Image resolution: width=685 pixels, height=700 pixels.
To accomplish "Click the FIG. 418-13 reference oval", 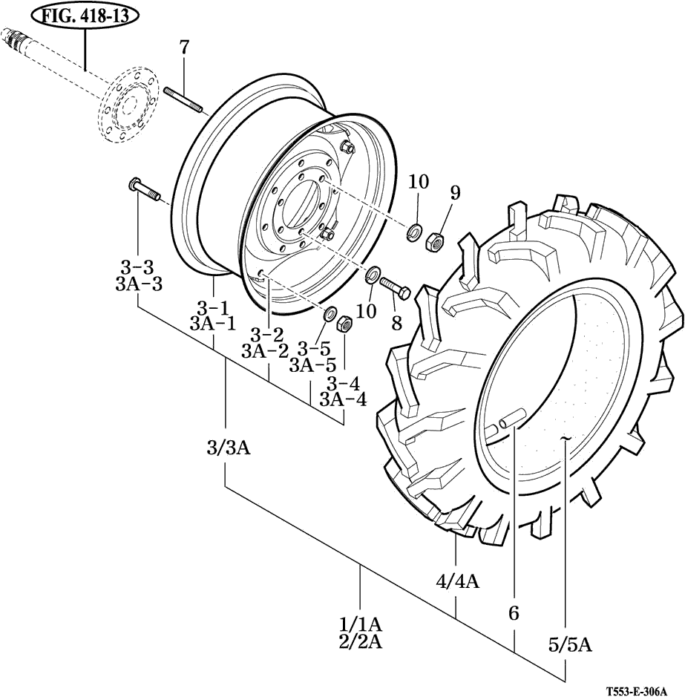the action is pyautogui.click(x=85, y=16).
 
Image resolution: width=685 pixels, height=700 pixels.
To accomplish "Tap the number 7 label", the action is pyautogui.click(x=184, y=47).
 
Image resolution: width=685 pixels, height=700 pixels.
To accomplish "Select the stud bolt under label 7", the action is pyautogui.click(x=184, y=100).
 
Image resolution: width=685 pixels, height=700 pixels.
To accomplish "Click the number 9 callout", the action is pyautogui.click(x=455, y=193).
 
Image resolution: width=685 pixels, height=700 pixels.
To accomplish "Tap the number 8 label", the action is pyautogui.click(x=397, y=323).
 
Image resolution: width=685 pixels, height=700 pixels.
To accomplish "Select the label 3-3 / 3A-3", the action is pyautogui.click(x=138, y=276).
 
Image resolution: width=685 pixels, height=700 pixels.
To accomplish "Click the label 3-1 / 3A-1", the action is pyautogui.click(x=213, y=315).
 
